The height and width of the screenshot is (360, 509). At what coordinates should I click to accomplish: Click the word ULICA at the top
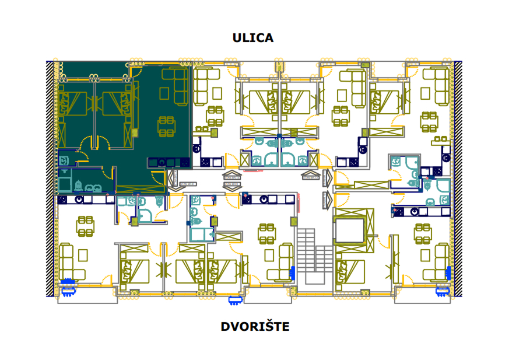[252, 39]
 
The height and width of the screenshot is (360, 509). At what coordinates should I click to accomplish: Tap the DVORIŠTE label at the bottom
[255, 327]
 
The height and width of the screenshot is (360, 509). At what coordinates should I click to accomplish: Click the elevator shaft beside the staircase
[352, 229]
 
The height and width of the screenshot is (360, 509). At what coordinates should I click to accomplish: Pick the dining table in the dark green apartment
[167, 126]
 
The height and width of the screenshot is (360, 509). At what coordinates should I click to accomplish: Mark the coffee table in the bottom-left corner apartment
[82, 256]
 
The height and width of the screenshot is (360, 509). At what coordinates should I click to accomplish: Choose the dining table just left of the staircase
[268, 233]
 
